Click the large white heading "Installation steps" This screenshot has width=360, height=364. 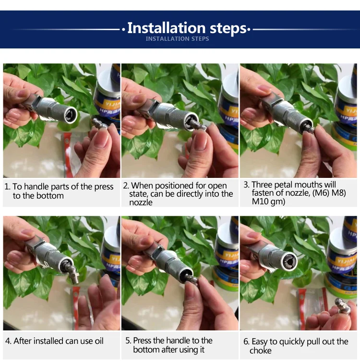(187, 28)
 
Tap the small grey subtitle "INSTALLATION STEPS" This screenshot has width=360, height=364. (177, 39)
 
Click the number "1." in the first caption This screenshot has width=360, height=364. (7, 187)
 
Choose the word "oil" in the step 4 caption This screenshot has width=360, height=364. (99, 341)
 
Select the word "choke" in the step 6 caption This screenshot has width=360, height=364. (260, 351)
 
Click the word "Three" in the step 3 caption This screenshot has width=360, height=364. (262, 185)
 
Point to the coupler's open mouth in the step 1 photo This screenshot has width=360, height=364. (71, 115)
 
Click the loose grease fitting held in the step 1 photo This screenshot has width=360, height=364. (100, 124)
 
